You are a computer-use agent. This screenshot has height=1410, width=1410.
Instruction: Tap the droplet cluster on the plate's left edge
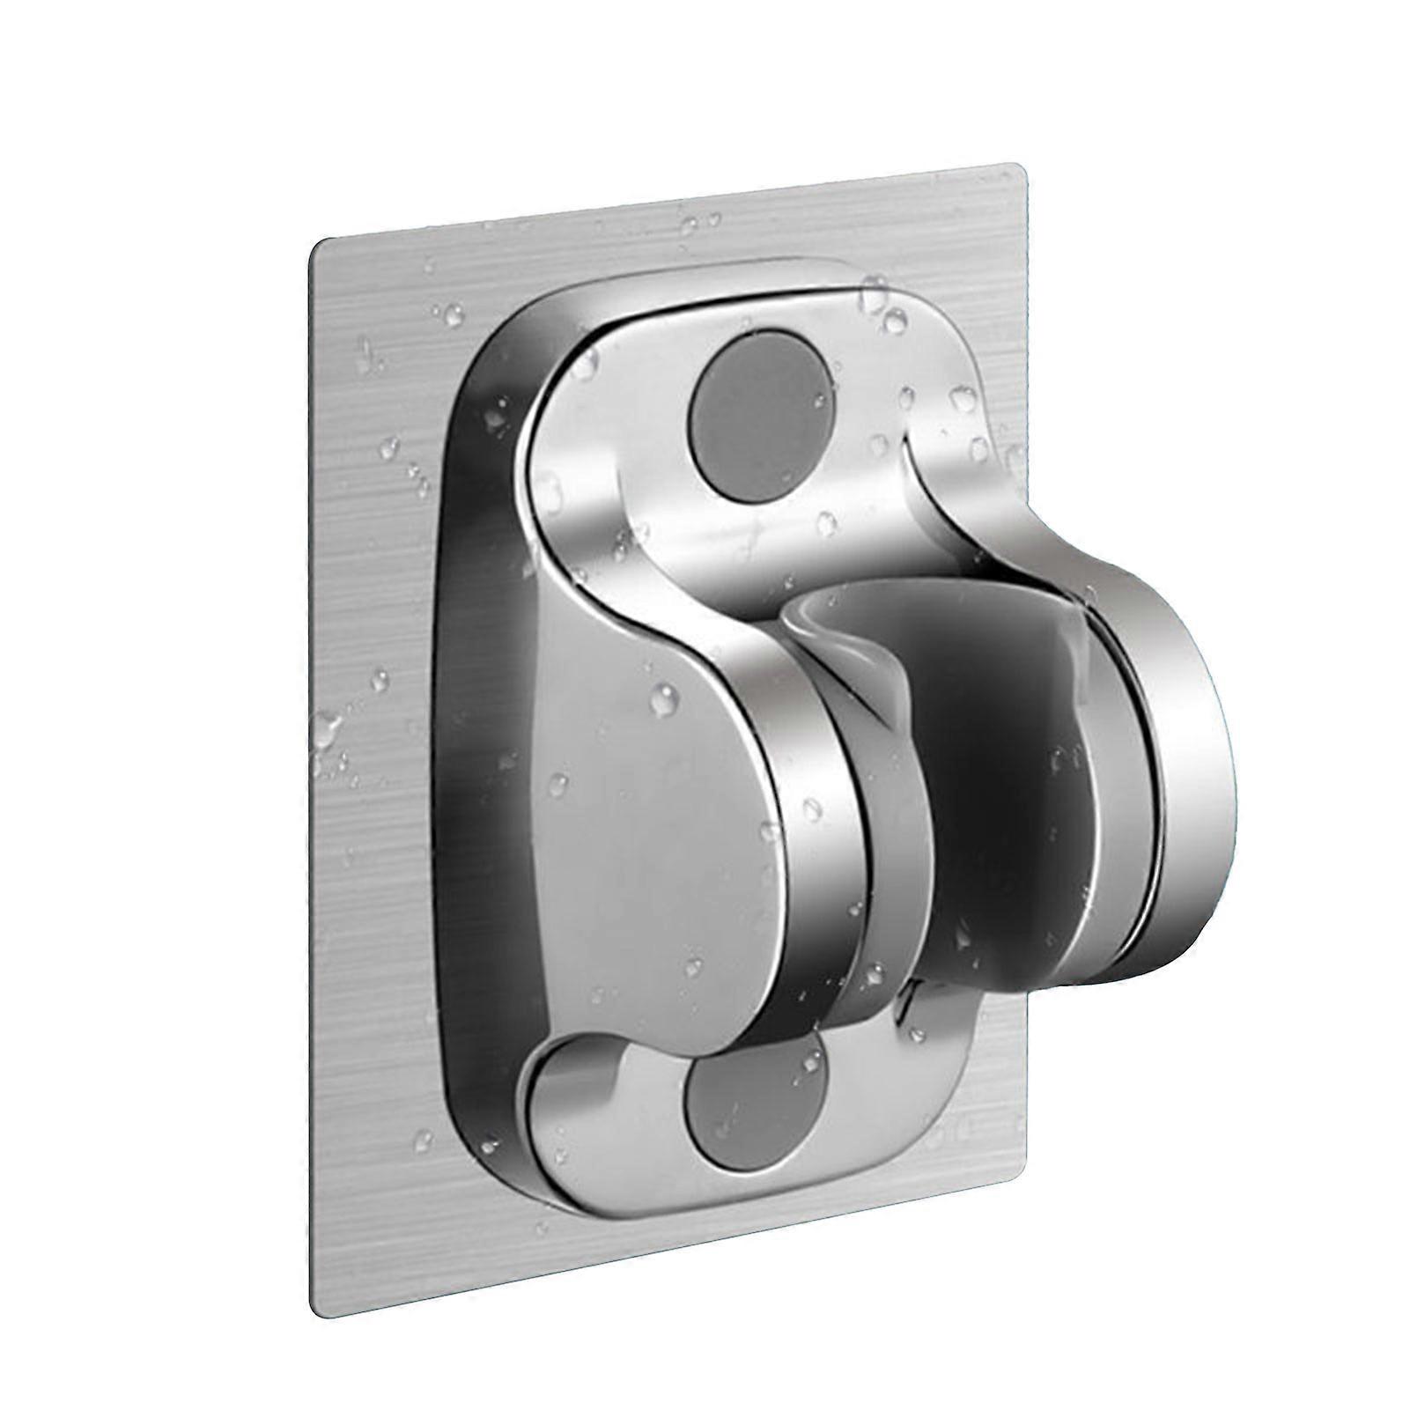coord(328,731)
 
